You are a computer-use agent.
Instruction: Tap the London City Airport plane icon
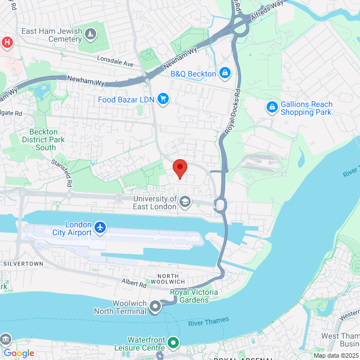[100, 227]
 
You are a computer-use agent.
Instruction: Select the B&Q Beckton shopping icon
[225, 73]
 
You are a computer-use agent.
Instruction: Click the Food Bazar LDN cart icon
[163, 100]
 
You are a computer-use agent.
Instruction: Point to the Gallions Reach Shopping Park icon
[272, 106]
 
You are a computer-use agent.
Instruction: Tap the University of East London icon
[185, 201]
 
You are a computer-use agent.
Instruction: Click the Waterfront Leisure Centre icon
[174, 342]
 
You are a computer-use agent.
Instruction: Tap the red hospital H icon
[6, 42]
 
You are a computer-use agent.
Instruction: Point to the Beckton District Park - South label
[43, 139]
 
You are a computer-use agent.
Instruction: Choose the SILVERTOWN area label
[23, 263]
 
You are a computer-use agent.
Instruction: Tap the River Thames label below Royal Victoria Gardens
[209, 322]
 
